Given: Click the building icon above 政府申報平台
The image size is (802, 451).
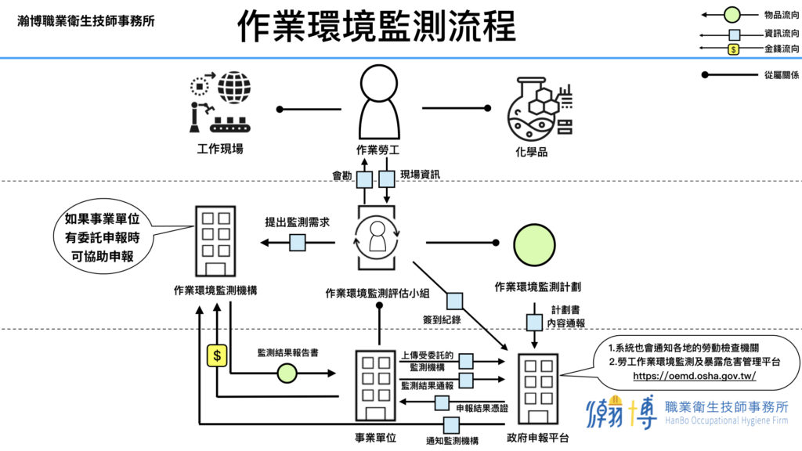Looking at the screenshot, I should pos(537,389).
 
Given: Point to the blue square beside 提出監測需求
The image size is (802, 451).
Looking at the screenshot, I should pos(297,243).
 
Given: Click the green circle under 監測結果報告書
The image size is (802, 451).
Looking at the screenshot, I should pos(287,373).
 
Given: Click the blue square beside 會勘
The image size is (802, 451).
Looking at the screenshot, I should pos(364,179).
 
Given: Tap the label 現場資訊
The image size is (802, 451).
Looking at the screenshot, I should pos(420,175).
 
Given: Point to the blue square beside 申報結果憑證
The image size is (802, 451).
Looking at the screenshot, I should pos(442,404).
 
